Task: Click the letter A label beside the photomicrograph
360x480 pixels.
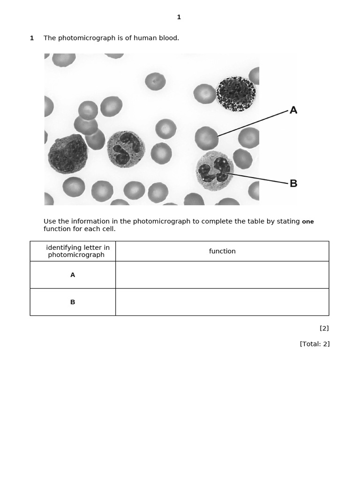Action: pyautogui.click(x=293, y=110)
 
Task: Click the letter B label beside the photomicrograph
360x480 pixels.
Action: pyautogui.click(x=293, y=183)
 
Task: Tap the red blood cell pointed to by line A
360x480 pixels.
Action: pyautogui.click(x=207, y=138)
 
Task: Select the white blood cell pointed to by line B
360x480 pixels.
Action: pyautogui.click(x=215, y=171)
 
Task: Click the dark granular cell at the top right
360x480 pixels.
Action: pyautogui.click(x=236, y=94)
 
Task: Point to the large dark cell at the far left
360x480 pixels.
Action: pyautogui.click(x=67, y=154)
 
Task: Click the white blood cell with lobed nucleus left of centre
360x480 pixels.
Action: pyautogui.click(x=126, y=149)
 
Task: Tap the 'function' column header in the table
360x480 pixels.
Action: pyautogui.click(x=222, y=251)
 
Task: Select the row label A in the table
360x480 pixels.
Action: pyautogui.click(x=73, y=275)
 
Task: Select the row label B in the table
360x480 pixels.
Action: pyautogui.click(x=73, y=302)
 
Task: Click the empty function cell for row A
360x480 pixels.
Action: pyautogui.click(x=222, y=275)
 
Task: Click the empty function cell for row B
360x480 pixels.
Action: pyautogui.click(x=222, y=302)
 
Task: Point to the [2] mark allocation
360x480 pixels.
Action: pyautogui.click(x=324, y=328)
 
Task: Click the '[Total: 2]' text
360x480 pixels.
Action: pyautogui.click(x=315, y=344)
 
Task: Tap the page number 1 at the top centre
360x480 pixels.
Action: pyautogui.click(x=179, y=17)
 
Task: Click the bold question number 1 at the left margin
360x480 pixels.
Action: pyautogui.click(x=32, y=38)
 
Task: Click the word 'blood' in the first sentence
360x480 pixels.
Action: pyautogui.click(x=168, y=38)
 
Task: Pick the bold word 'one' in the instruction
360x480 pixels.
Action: pyautogui.click(x=308, y=222)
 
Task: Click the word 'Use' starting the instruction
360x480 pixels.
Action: pyautogui.click(x=50, y=221)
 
